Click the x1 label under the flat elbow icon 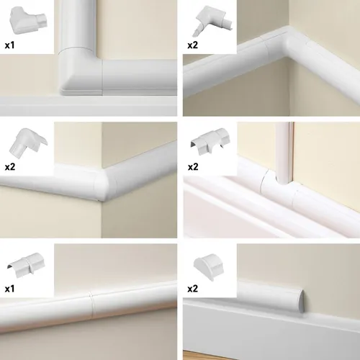coord(11,44)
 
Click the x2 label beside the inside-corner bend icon coord(193,44)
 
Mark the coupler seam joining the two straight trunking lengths coord(91,298)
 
